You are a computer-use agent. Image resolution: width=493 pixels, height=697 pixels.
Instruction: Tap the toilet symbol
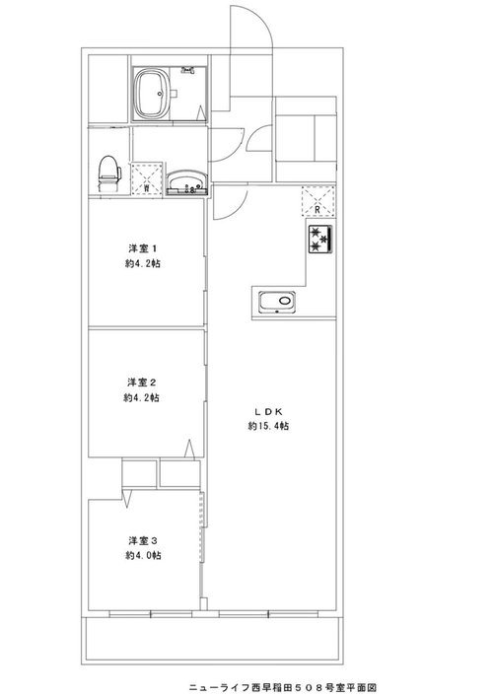109,174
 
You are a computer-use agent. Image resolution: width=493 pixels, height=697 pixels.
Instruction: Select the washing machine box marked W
146,178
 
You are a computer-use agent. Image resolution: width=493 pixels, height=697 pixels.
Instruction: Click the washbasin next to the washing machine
187,181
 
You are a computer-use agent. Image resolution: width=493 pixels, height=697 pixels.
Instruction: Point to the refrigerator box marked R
317,201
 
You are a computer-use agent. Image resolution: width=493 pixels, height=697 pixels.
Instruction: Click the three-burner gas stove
321,240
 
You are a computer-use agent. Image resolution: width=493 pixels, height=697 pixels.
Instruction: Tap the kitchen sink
277,303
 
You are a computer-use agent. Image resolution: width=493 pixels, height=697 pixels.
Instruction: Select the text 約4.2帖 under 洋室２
142,397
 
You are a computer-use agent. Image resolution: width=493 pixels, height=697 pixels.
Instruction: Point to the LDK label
268,411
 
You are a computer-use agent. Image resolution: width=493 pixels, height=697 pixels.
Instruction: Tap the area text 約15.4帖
268,426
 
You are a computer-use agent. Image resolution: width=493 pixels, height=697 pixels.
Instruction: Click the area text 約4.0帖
143,556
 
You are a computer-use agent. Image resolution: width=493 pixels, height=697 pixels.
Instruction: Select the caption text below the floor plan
283,687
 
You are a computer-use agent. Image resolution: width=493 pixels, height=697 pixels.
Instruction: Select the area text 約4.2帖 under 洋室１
143,263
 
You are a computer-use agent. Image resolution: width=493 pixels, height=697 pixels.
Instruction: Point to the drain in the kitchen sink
284,301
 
